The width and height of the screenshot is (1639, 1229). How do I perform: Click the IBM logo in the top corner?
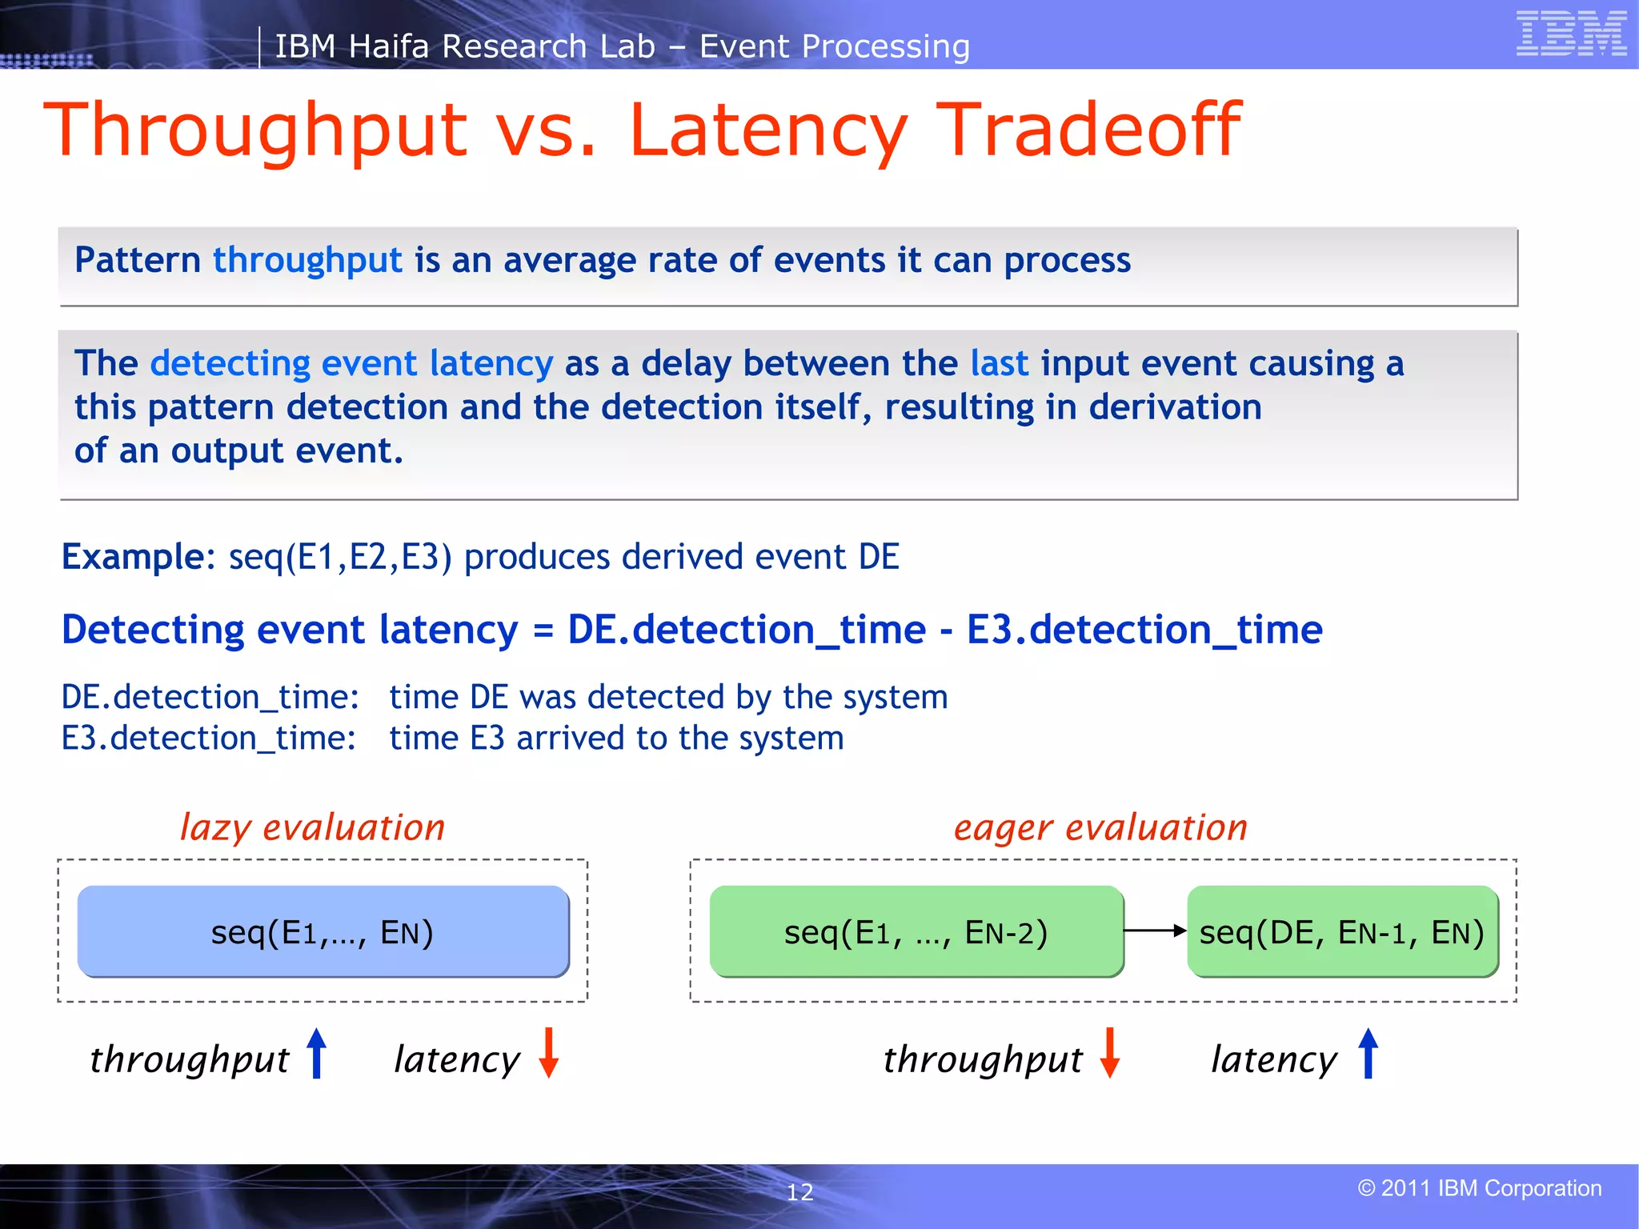tap(1571, 34)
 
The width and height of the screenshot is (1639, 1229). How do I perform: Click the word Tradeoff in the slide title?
tap(1088, 130)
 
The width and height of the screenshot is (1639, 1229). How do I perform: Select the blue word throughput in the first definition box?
tap(307, 261)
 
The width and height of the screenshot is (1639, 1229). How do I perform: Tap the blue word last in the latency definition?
tap(999, 364)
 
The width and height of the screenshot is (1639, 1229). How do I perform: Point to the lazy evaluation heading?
tap(312, 827)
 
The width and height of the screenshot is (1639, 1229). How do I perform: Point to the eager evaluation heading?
tap(1100, 827)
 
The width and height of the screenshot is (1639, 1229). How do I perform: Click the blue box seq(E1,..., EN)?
tap(323, 932)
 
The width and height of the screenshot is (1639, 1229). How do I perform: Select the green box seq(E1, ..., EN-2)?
tap(916, 932)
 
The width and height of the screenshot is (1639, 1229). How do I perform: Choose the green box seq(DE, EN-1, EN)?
tap(1342, 932)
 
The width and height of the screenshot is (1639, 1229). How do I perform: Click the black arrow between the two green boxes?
tap(1155, 931)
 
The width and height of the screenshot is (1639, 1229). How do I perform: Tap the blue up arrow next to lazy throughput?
tap(317, 1053)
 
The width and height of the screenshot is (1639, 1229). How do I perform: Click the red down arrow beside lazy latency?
tap(548, 1053)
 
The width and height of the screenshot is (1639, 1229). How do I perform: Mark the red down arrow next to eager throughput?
tap(1109, 1053)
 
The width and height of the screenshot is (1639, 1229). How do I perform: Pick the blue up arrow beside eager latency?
tap(1369, 1053)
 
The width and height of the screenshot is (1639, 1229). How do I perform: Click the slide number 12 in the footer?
tap(799, 1192)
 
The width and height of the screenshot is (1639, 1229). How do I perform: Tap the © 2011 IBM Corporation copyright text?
tap(1479, 1188)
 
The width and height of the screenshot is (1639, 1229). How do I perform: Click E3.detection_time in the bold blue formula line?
tap(1144, 630)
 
